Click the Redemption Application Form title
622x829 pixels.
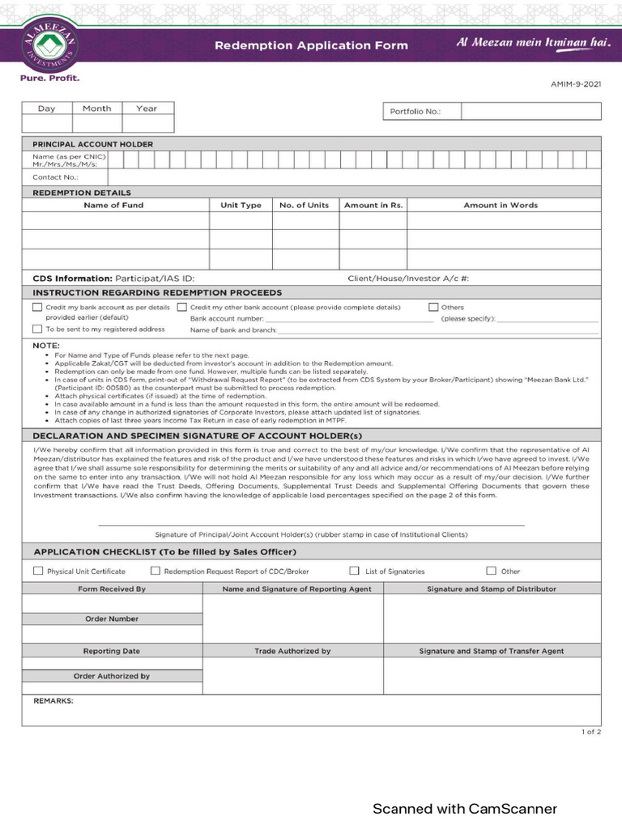point(311,46)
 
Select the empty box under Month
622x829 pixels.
point(97,124)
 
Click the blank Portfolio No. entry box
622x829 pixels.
point(530,112)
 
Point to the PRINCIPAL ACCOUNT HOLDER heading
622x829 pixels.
point(92,144)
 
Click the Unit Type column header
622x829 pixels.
point(241,205)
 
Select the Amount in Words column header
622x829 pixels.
point(501,205)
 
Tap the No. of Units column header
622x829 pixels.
point(304,205)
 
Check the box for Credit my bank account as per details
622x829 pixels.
point(37,308)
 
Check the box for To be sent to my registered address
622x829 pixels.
point(37,329)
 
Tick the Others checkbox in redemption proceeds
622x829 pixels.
point(433,308)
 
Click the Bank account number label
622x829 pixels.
point(227,319)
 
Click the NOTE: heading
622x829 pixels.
point(46,346)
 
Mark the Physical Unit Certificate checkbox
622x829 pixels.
point(38,571)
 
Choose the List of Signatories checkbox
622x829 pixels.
point(354,571)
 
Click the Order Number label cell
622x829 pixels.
point(112,619)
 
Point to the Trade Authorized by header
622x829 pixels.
point(292,651)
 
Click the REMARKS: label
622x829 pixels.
point(53,701)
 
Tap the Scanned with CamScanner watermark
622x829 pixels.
point(464,809)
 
